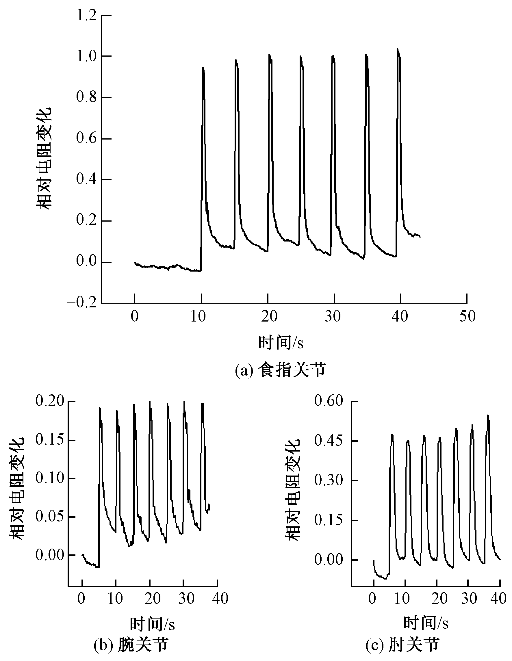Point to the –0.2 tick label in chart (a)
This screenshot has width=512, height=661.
tap(82, 303)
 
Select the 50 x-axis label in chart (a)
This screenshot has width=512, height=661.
tap(467, 317)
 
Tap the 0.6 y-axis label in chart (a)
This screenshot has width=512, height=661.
tap(86, 138)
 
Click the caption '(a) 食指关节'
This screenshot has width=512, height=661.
tap(280, 370)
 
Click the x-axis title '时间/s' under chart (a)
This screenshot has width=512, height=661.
tap(281, 343)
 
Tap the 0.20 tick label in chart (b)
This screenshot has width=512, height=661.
tap(50, 401)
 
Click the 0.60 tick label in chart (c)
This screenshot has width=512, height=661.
tap(329, 401)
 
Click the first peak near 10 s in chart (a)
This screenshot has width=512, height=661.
tap(203, 68)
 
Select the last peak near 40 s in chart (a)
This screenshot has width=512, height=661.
tap(398, 49)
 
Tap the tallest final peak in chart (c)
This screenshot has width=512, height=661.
tap(487, 415)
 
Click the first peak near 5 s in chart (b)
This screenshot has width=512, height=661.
tap(100, 408)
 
